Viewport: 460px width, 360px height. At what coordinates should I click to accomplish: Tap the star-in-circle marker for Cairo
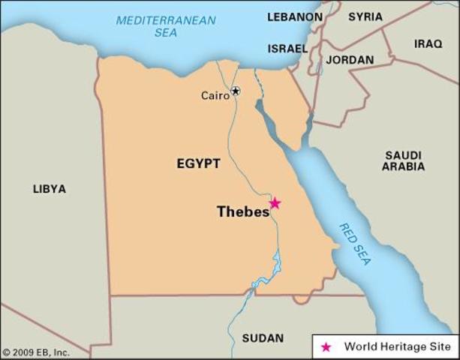236,91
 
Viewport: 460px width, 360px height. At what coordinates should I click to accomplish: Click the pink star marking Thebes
275,203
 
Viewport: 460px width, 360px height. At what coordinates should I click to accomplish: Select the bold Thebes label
242,212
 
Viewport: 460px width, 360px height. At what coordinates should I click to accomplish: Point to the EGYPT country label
198,163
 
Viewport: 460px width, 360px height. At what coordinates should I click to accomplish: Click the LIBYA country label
49,189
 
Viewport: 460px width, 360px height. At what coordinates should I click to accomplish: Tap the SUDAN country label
263,338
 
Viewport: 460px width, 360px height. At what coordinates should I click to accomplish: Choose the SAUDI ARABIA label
404,160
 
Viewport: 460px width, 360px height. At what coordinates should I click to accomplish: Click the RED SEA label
355,244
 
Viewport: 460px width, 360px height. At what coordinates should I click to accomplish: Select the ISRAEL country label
287,49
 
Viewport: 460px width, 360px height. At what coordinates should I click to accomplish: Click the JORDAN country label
350,59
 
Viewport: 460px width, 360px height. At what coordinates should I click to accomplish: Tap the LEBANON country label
295,16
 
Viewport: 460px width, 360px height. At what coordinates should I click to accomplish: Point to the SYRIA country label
365,16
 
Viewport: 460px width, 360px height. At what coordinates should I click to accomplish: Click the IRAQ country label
428,43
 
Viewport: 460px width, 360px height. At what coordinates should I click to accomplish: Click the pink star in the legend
326,347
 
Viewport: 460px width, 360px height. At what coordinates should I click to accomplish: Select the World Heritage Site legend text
397,347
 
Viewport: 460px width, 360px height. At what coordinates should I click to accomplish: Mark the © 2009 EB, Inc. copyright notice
36,352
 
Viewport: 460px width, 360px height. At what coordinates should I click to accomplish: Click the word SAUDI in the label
404,154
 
